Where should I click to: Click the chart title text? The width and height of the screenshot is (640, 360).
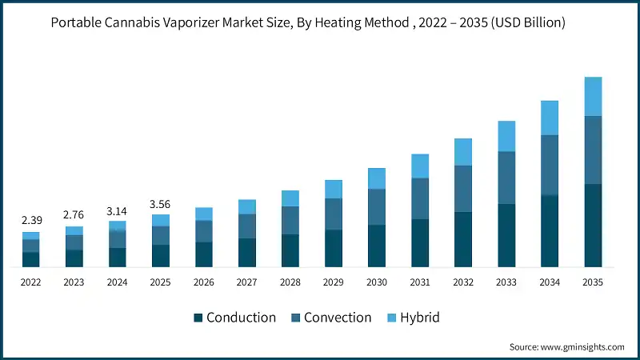pos(308,22)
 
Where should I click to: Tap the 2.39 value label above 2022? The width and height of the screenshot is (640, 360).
pos(30,219)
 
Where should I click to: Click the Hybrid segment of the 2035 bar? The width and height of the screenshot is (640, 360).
pos(593,97)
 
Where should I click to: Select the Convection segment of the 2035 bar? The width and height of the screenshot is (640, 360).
pos(593,150)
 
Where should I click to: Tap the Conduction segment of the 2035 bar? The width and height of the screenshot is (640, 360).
pos(593,225)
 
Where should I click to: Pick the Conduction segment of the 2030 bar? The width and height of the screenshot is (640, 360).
pos(377,246)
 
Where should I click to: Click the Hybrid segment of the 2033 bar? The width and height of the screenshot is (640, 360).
pos(506,136)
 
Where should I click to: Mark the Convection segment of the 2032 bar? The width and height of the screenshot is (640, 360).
pos(463,189)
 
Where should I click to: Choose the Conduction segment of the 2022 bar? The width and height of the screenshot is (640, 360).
pos(30,259)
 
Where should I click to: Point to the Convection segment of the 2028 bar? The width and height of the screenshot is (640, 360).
pos(290,220)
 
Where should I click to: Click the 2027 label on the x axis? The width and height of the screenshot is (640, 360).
pos(247,282)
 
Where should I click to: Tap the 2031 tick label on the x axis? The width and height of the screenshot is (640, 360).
pos(420,282)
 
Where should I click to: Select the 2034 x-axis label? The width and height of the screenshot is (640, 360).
pos(550,282)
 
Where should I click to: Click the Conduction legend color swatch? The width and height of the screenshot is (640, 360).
pos(198,318)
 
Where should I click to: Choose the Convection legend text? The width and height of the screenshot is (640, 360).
pos(338,318)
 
